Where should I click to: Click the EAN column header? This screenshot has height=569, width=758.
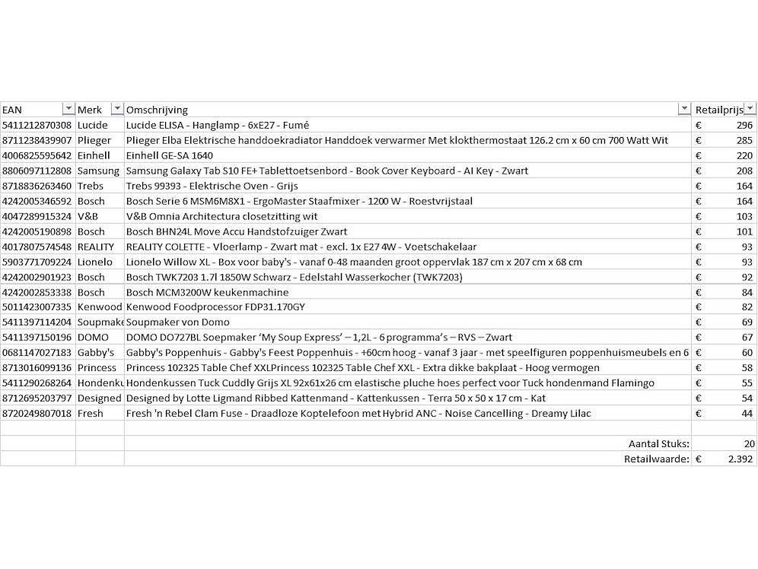[x=13, y=110]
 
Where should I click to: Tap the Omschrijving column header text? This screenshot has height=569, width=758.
[x=157, y=110]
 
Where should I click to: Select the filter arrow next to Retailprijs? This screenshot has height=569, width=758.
[x=750, y=109]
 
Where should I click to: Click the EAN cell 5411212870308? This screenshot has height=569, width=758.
[x=37, y=125]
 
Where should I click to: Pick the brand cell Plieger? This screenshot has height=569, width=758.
[x=94, y=140]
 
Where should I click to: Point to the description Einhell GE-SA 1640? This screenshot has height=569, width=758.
[x=170, y=155]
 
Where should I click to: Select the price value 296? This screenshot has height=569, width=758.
[x=744, y=125]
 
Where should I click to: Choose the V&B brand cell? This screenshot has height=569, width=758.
[x=88, y=216]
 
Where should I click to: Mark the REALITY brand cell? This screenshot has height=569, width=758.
[x=96, y=247]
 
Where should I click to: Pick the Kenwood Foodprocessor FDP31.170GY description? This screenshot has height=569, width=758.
[x=215, y=307]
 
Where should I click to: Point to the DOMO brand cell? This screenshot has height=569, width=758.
[x=93, y=337]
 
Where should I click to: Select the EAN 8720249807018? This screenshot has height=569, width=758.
[x=37, y=414]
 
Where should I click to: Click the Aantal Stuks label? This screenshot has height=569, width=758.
[x=658, y=443]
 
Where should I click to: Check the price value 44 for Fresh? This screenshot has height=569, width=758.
[x=747, y=414]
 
